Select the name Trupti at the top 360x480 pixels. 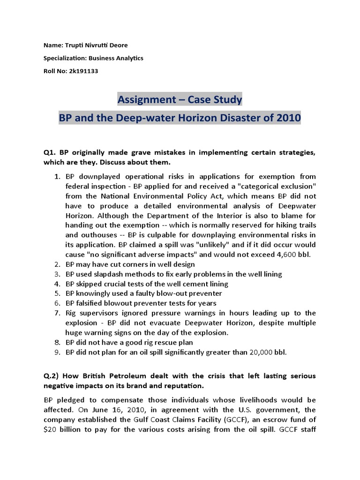71,45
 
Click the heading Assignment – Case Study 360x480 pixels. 180,99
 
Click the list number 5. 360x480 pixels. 56,293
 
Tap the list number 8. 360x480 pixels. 56,342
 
